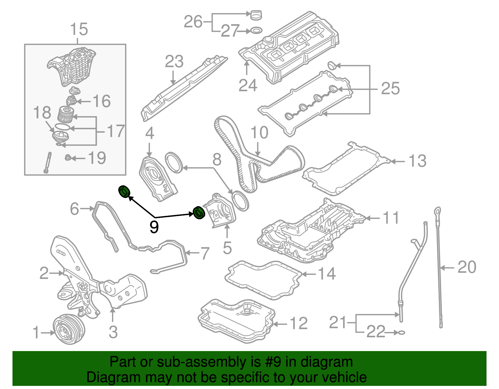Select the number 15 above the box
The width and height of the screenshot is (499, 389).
(79, 29)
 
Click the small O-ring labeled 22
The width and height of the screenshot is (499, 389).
(402, 332)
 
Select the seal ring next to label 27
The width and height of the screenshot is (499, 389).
(256, 31)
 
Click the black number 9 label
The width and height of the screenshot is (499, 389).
(154, 227)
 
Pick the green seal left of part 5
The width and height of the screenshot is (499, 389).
(198, 212)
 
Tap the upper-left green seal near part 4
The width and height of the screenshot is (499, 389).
(124, 191)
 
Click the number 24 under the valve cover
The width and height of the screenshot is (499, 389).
(248, 85)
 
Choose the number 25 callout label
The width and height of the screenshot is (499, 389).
(390, 88)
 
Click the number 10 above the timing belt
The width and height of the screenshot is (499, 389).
(259, 132)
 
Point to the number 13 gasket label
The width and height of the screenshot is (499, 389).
(417, 161)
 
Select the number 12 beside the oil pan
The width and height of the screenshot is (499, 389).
(299, 323)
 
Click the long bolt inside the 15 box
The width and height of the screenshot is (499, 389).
(48, 162)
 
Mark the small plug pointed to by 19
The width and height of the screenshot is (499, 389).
(67, 158)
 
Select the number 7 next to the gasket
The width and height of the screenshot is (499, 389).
(205, 253)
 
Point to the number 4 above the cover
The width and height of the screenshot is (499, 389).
(150, 133)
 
